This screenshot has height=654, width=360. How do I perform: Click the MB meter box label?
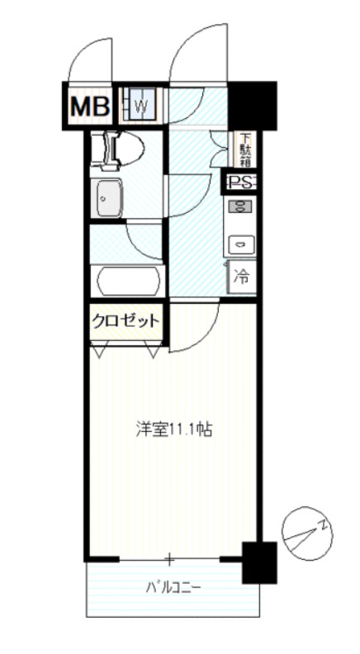coord(90,107)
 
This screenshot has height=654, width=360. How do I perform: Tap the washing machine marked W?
coord(141,106)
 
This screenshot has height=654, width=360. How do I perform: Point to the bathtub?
coord(129,282)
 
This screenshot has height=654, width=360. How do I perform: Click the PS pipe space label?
coord(240,182)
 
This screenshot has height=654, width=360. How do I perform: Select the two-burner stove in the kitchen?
coord(239,206)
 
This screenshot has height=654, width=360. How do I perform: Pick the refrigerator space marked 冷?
coord(242,277)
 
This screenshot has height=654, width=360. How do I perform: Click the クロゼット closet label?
coord(126,321)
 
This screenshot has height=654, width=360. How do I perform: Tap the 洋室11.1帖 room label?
coord(174,429)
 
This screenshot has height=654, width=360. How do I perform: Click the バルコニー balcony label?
coord(173,588)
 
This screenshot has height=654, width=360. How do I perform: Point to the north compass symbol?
coord(307,533)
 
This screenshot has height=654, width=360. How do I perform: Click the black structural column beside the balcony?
coord(259,562)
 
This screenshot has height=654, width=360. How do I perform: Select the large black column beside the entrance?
coord(253,105)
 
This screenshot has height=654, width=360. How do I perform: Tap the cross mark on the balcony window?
coord(169,558)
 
